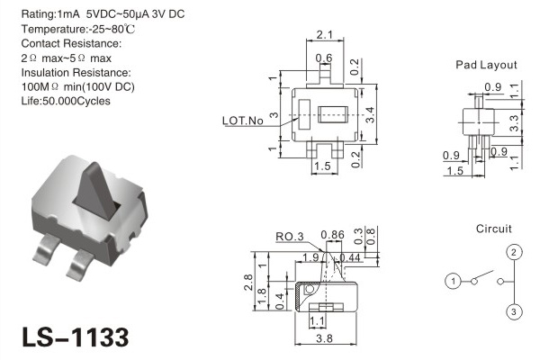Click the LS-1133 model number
76,337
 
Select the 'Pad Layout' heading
486,65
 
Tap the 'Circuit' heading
494,229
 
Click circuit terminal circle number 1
453,281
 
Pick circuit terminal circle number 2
514,252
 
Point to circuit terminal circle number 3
514,311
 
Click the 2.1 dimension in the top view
325,35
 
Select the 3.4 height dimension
370,115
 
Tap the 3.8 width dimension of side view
324,338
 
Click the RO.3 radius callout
290,237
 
